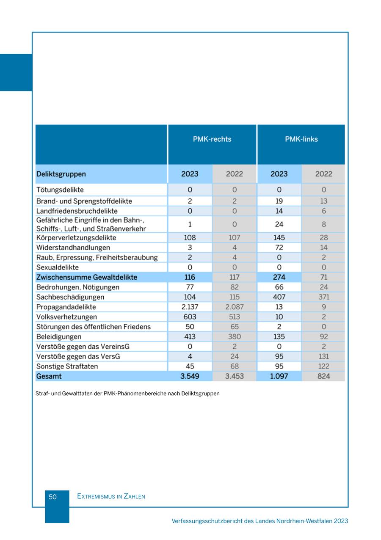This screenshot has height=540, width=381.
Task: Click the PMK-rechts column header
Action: tap(212, 139)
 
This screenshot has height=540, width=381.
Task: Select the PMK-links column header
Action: tap(301, 139)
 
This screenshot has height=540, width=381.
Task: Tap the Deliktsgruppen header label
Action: tap(61, 174)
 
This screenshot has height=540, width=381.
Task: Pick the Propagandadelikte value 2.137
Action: tap(190, 307)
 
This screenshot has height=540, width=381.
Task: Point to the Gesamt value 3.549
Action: tap(190, 376)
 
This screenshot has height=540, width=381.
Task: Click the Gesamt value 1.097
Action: tap(279, 376)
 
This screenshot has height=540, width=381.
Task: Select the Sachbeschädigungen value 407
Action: tap(279, 297)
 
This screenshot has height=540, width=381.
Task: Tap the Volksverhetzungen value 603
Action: tap(190, 317)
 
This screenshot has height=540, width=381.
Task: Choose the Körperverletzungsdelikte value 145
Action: tap(279, 238)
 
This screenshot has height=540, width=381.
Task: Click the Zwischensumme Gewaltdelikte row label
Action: tap(87, 277)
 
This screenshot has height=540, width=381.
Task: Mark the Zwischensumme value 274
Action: tap(279, 277)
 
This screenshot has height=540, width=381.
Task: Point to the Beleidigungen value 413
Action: tap(190, 337)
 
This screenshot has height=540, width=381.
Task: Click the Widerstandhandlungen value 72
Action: tap(279, 248)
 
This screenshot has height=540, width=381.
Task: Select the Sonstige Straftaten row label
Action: tap(67, 366)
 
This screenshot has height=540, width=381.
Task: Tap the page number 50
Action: tap(52, 497)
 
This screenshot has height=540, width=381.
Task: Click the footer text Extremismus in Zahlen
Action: tap(111, 496)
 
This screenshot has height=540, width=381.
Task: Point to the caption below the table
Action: tap(127, 394)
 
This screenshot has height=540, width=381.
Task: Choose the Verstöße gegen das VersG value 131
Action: tap(323, 357)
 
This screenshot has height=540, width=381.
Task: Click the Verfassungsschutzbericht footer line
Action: tap(260, 521)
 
